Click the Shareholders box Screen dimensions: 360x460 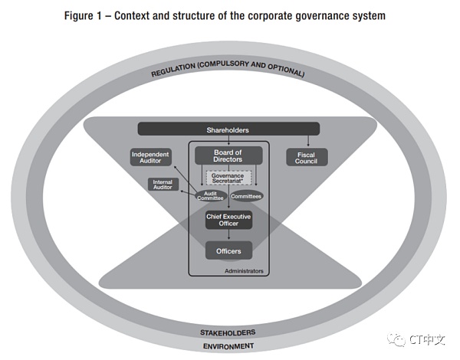click(228, 129)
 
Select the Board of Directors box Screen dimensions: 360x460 click(228, 156)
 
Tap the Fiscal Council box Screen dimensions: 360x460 click(306, 158)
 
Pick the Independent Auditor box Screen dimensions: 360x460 click(150, 158)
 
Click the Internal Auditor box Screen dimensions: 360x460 click(163, 185)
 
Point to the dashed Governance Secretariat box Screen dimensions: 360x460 click(228, 177)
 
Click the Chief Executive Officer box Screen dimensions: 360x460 click(228, 220)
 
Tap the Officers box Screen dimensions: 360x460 click(228, 250)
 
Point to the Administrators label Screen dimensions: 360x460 click(244, 270)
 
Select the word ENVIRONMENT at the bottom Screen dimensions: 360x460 click(228, 346)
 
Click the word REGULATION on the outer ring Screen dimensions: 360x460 click(176, 73)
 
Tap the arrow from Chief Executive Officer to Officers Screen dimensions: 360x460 click(228, 235)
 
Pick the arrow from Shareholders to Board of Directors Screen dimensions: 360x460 click(228, 141)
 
